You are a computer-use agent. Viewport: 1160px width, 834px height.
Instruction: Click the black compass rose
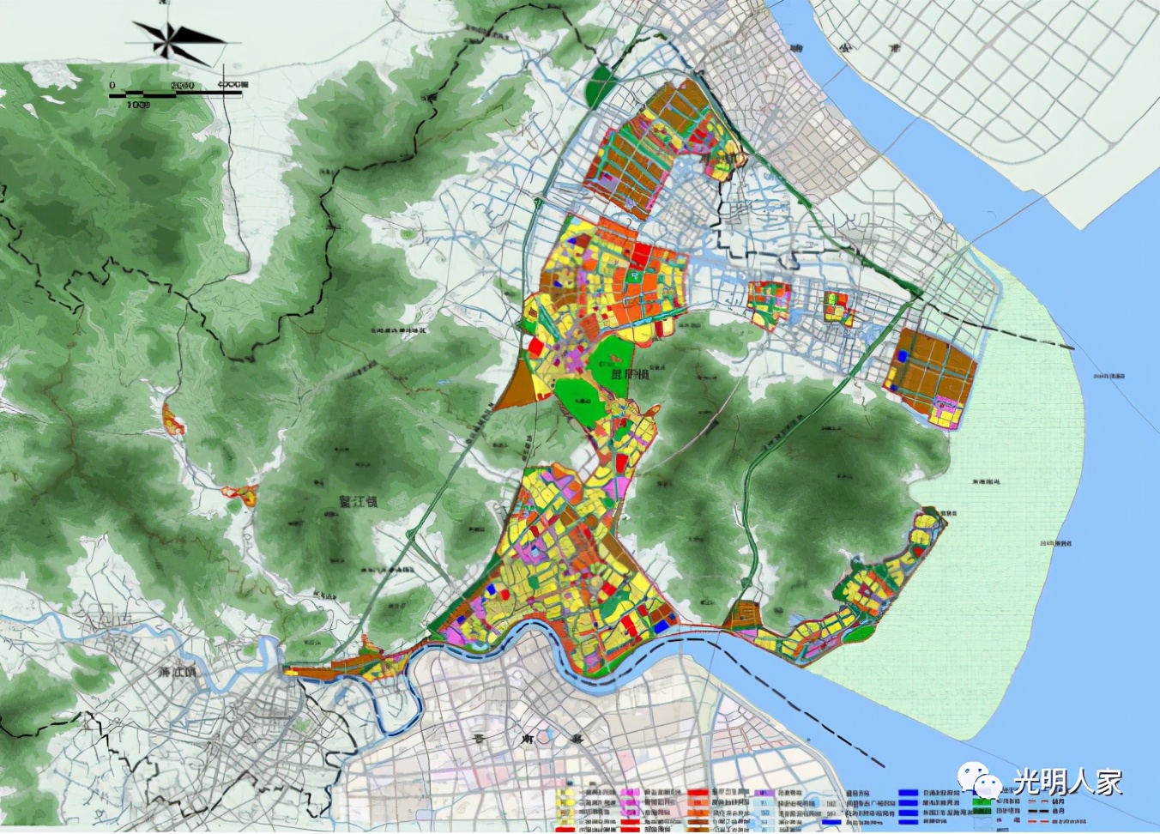point(176,40)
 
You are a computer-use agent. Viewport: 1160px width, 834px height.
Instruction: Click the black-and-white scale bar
point(176,94)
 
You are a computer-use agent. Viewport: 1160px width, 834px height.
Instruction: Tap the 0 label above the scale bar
point(112,85)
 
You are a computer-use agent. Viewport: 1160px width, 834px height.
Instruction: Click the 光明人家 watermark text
point(1067,783)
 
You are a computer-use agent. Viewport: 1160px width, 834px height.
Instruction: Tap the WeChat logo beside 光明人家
point(981,782)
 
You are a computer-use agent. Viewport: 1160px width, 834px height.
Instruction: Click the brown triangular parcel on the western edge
point(517,390)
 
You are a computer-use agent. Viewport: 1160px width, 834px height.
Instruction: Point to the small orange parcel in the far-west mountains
point(172,419)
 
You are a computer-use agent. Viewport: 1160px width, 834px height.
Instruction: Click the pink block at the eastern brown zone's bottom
point(946,414)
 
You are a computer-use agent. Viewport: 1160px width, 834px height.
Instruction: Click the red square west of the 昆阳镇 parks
point(535,347)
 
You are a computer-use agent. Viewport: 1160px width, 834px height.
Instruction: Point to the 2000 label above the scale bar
point(182,85)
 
